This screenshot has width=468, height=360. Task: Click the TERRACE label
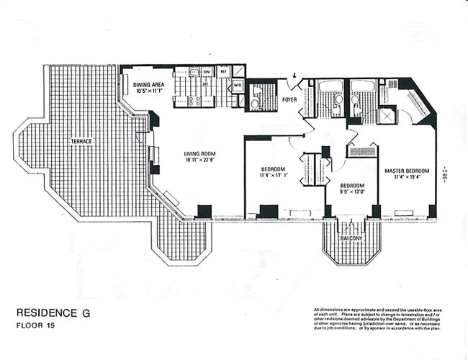81,141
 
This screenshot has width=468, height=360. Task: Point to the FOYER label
289,99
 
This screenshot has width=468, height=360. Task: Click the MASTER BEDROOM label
406,171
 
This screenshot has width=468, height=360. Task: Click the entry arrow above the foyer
294,76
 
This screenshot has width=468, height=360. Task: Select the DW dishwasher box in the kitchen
207,72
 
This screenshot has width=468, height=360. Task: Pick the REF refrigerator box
224,72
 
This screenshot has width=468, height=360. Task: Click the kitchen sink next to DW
194,72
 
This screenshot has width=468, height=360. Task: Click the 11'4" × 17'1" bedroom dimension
274,174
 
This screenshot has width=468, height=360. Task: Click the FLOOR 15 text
35,325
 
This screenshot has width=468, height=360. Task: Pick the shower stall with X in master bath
387,114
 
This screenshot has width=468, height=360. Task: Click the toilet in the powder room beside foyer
255,103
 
